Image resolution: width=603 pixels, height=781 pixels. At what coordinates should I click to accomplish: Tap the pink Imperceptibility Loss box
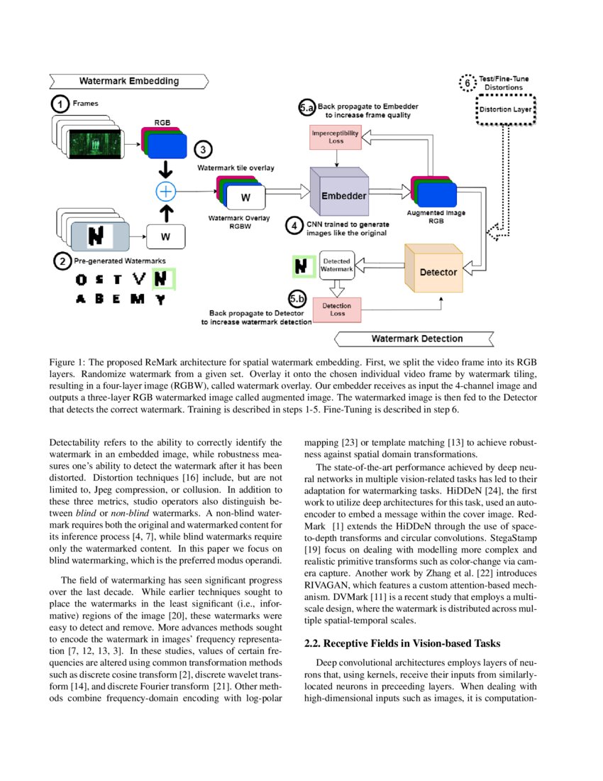[336, 136]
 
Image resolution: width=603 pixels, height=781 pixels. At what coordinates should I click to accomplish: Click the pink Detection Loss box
[336, 310]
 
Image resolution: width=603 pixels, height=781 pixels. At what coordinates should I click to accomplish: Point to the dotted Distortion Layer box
[504, 110]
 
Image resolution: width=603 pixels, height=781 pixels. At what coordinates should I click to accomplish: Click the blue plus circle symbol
[165, 191]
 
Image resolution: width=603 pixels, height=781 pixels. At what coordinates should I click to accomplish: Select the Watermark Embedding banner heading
[128, 81]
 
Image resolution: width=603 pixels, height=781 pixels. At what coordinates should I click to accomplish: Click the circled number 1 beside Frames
[60, 104]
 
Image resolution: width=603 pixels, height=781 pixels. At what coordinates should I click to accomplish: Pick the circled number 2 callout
[62, 261]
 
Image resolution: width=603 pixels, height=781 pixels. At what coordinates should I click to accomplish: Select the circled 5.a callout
[306, 108]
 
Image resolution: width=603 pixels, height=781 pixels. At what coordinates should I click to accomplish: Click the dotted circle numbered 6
[467, 82]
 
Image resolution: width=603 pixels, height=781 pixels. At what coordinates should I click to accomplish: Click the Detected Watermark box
[336, 266]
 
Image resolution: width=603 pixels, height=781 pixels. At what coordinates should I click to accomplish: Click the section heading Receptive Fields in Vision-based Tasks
[402, 644]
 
